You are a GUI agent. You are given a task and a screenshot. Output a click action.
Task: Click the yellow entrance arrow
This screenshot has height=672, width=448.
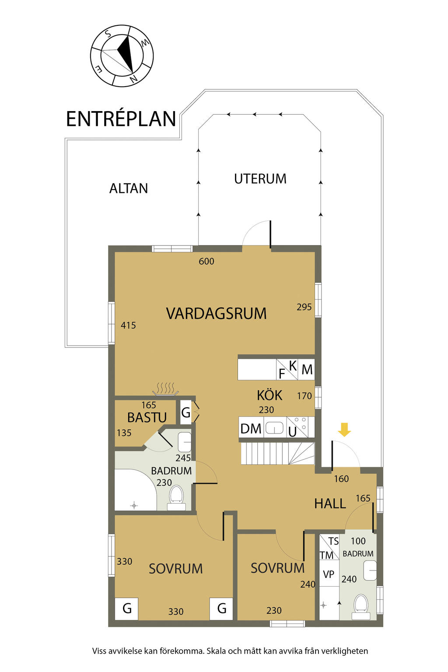coord(344,429)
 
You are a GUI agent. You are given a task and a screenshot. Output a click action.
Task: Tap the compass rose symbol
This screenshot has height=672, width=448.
coord(122,56)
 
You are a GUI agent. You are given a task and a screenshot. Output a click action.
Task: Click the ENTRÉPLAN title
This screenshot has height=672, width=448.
coord(121,119)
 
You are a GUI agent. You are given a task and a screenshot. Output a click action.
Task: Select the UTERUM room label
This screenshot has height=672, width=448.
coord(260,179)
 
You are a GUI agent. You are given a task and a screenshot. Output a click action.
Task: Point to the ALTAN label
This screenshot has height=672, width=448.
coord(129,189)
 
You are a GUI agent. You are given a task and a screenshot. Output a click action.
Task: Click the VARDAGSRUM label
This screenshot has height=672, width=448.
coord(217,313)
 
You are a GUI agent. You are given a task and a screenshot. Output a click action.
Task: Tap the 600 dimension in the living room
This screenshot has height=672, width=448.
coord(206,261)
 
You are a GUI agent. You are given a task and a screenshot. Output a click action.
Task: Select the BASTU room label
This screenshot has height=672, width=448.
coord(147,417)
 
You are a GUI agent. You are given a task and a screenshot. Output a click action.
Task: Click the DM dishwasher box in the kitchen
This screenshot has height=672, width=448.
coord(251,428)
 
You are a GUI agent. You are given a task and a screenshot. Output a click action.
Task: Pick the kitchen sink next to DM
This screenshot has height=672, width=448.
coord(275,427)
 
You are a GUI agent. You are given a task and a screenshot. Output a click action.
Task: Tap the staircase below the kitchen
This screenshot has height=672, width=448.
coord(277,454)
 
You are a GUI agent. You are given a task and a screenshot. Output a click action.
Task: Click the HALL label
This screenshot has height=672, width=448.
coord(330,504)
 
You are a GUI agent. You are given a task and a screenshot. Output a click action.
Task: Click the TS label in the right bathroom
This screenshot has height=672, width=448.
coord(333,541)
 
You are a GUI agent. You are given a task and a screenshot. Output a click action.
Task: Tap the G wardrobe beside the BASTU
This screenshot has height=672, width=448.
coord(186,413)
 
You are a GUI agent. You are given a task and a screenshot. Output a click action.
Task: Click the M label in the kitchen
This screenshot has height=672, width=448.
coord(307,370)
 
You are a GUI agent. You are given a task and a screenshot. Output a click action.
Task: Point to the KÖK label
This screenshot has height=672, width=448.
coord(269,395)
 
